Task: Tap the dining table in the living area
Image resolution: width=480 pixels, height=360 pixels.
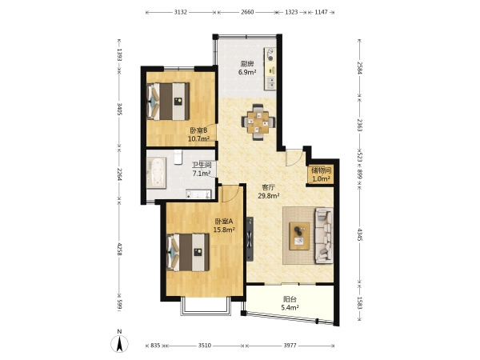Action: pyautogui.click(x=258, y=122)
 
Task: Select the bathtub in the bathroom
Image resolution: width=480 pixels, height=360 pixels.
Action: pyautogui.click(x=156, y=173)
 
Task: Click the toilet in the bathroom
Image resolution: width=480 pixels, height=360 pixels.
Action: pyautogui.click(x=178, y=157)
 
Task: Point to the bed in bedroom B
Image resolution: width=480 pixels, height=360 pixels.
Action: pyautogui.click(x=168, y=102)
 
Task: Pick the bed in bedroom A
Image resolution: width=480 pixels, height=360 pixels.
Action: pyautogui.click(x=188, y=252)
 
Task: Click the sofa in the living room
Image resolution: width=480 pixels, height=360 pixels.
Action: pyautogui.click(x=324, y=235)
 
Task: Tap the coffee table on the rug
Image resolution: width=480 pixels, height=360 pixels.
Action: pyautogui.click(x=299, y=236)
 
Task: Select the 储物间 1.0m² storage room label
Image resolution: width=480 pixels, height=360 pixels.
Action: pyautogui.click(x=321, y=174)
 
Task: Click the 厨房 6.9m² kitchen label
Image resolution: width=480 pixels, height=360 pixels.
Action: pyautogui.click(x=247, y=68)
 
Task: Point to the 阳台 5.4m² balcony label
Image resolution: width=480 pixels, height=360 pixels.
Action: pyautogui.click(x=290, y=303)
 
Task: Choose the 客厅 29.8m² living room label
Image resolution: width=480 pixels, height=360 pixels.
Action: pyautogui.click(x=269, y=192)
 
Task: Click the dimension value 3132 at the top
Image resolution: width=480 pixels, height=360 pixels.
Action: pyautogui.click(x=181, y=12)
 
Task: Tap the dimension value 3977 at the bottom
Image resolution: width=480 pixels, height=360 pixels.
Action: pyautogui.click(x=290, y=346)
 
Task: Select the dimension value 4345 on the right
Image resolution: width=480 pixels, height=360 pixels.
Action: pyautogui.click(x=360, y=234)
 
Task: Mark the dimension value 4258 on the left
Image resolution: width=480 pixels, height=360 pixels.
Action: pyautogui.click(x=120, y=249)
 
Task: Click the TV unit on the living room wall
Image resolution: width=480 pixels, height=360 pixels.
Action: pyautogui.click(x=250, y=238)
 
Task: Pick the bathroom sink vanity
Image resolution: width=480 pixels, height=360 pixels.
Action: pyautogui.click(x=198, y=194)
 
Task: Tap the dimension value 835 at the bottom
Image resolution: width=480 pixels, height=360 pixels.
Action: pyautogui.click(x=155, y=346)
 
